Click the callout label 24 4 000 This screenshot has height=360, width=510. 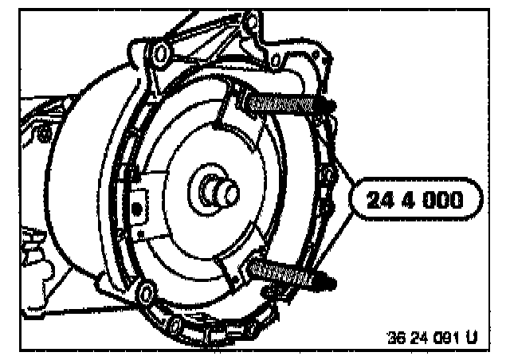[414, 200]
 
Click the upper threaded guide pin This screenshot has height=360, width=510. [283, 104]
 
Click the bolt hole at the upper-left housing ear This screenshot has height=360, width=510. [159, 53]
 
